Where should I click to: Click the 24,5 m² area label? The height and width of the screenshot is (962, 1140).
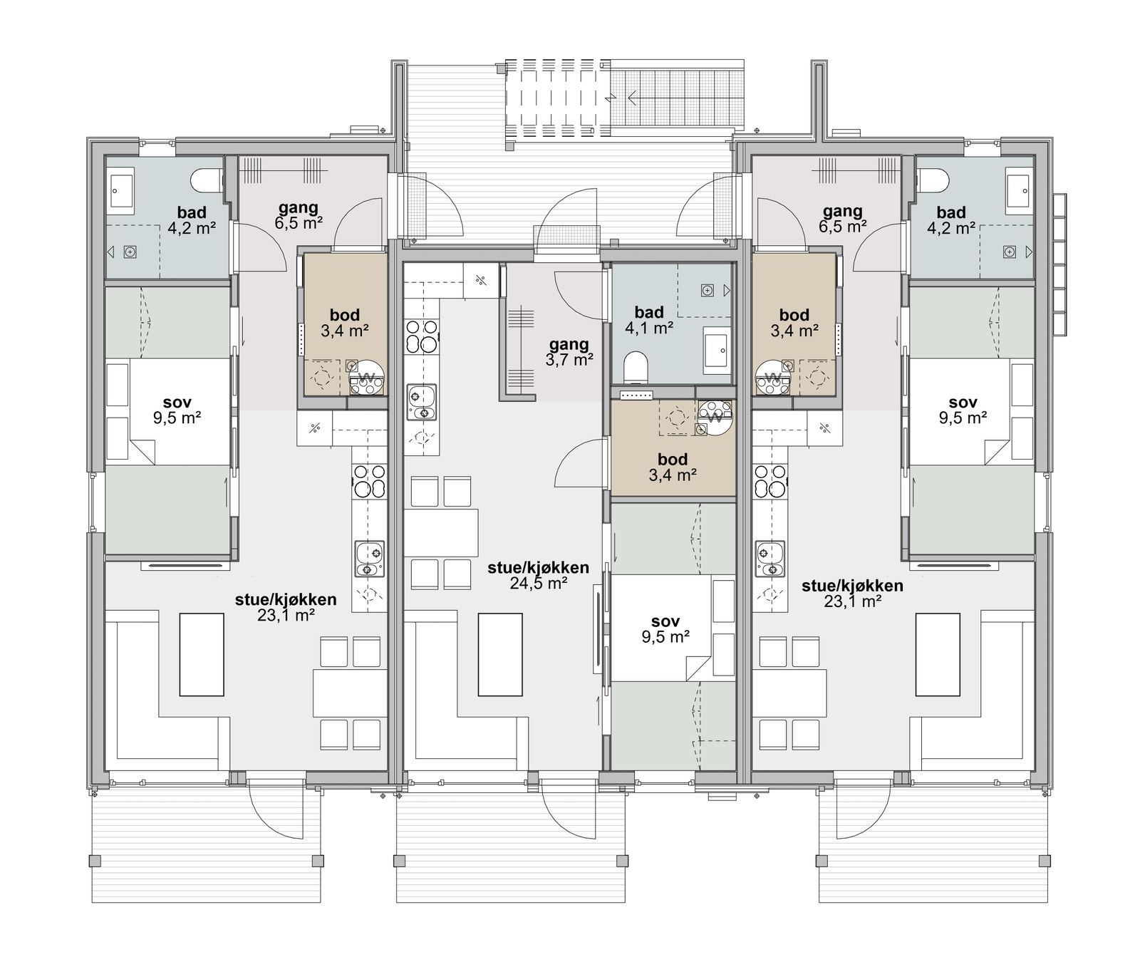coord(538,583)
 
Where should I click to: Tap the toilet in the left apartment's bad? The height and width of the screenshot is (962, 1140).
coord(208,181)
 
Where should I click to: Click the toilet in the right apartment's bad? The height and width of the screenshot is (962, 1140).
coord(932,181)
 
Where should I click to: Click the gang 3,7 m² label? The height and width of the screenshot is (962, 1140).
coord(569,352)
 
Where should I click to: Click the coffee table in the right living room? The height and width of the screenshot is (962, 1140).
coord(938,654)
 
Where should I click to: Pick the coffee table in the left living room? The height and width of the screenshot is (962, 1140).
coord(202,654)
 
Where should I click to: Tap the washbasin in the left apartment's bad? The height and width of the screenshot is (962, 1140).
coord(121,190)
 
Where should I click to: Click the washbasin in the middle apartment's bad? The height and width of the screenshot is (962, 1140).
coord(716,350)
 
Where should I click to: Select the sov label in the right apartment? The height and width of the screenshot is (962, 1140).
coord(963,403)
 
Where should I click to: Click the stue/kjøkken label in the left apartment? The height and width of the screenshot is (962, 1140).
coord(286,599)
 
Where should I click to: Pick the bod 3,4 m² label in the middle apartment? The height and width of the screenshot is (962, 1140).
coord(673,467)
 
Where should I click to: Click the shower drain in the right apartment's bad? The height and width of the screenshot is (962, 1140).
coord(1009,252)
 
